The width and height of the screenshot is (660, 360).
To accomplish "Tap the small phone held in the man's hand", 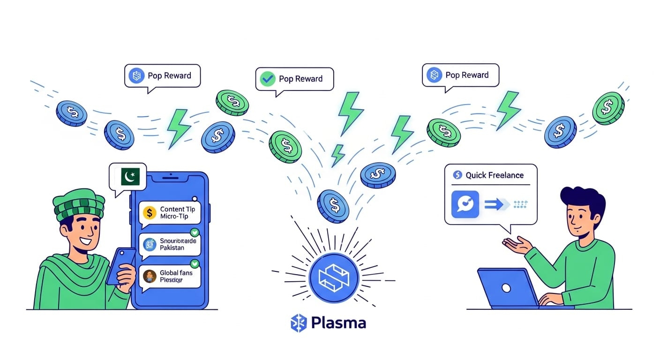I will (x=121, y=265).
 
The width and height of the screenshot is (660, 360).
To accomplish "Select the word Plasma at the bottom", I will (x=338, y=323).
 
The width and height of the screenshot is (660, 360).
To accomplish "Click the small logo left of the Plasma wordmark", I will (x=298, y=323).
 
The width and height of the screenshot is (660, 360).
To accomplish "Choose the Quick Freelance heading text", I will (x=494, y=175).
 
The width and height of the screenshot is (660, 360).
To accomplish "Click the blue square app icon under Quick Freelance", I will (x=465, y=204).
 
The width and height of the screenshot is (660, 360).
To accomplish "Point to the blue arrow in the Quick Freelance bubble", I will (x=496, y=204).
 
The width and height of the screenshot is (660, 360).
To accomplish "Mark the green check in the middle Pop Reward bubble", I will (x=268, y=79).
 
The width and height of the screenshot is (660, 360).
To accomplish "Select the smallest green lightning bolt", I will (x=337, y=154).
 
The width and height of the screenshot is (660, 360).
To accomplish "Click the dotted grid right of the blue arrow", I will (x=521, y=204).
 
